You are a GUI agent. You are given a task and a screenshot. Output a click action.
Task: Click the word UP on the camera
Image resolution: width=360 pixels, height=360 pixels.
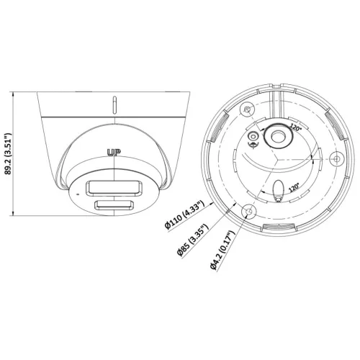point(113,152)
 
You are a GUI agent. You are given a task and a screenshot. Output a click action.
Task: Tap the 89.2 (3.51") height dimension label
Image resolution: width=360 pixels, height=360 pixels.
point(8,154)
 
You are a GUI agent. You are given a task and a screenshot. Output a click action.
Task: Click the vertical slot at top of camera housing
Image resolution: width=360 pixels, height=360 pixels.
point(114,104)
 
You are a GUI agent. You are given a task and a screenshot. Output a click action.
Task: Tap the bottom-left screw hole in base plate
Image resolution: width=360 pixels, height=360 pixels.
point(249,210)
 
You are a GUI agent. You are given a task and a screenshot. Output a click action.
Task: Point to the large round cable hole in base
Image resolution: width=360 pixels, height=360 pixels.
point(278,138)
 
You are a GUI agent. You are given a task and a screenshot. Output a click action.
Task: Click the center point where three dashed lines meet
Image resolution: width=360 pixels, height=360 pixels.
point(278,160)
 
